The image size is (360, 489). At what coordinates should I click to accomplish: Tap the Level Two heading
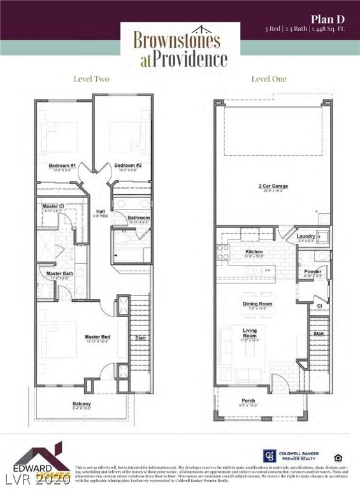click(x=92, y=79)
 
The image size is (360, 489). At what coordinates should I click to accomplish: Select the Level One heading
click(x=269, y=79)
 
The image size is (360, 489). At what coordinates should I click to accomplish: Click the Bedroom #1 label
click(x=62, y=166)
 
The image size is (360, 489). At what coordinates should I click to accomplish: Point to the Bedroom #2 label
click(x=127, y=166)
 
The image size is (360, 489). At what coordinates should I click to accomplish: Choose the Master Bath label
click(x=60, y=274)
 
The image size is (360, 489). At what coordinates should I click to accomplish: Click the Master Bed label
click(x=97, y=337)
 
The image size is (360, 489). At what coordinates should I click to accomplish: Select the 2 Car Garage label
click(x=273, y=186)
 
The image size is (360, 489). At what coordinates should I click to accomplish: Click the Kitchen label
click(x=254, y=252)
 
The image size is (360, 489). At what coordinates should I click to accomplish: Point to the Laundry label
click(x=306, y=236)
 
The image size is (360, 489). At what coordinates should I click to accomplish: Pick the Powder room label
click(x=312, y=272)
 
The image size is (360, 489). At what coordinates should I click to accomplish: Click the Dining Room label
click(x=257, y=304)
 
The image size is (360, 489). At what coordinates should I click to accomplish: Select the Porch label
click(x=248, y=400)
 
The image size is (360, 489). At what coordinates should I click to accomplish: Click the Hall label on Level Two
click(x=100, y=211)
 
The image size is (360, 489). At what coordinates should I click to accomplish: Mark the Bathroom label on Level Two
click(x=138, y=218)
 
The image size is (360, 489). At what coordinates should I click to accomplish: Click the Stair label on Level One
click(x=319, y=333)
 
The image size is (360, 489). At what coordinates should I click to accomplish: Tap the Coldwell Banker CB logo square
click(x=269, y=456)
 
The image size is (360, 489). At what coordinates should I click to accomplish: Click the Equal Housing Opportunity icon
click(x=337, y=457)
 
